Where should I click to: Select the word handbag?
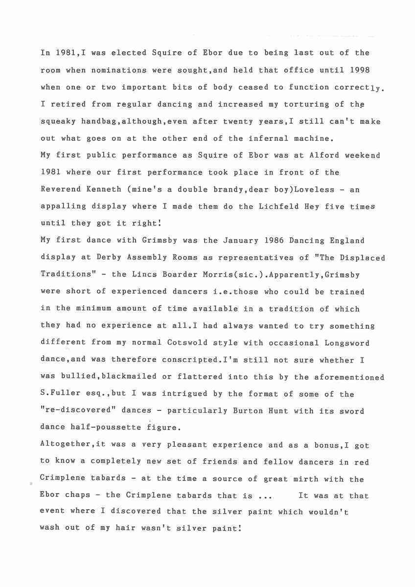coord(93,121)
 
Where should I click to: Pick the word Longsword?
coord(347,343)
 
